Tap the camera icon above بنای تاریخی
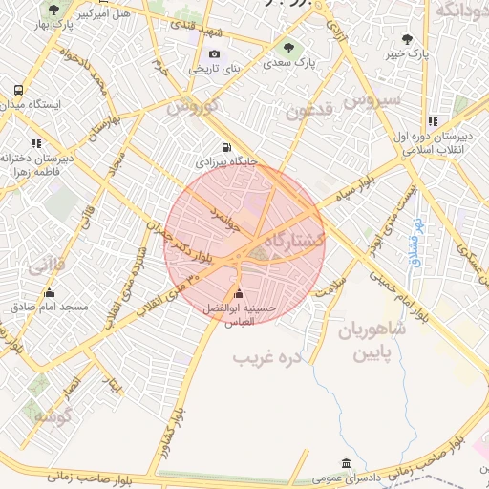[214, 53]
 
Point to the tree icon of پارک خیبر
[408, 39]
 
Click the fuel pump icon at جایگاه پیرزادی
[226, 147]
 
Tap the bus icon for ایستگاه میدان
[16, 90]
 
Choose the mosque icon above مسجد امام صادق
[50, 292]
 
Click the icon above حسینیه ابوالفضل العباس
[238, 293]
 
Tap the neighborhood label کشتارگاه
[292, 239]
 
